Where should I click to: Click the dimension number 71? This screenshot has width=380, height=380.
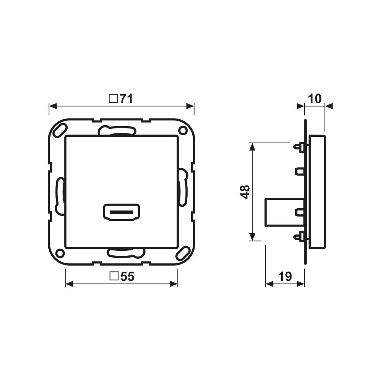[x=127, y=99]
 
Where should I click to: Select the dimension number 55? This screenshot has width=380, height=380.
[x=127, y=277]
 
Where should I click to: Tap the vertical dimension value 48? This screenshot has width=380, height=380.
[x=246, y=192]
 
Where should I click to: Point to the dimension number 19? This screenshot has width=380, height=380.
[x=285, y=277]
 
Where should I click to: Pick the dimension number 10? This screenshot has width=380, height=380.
[x=315, y=99]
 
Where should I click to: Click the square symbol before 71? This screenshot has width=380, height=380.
[x=113, y=99]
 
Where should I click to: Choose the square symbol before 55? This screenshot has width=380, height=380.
[x=114, y=276]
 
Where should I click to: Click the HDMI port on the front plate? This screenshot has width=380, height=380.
[x=122, y=212]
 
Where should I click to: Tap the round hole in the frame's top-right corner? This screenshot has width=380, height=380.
[x=183, y=131]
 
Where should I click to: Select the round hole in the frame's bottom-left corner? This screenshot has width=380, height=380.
[x=60, y=253]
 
